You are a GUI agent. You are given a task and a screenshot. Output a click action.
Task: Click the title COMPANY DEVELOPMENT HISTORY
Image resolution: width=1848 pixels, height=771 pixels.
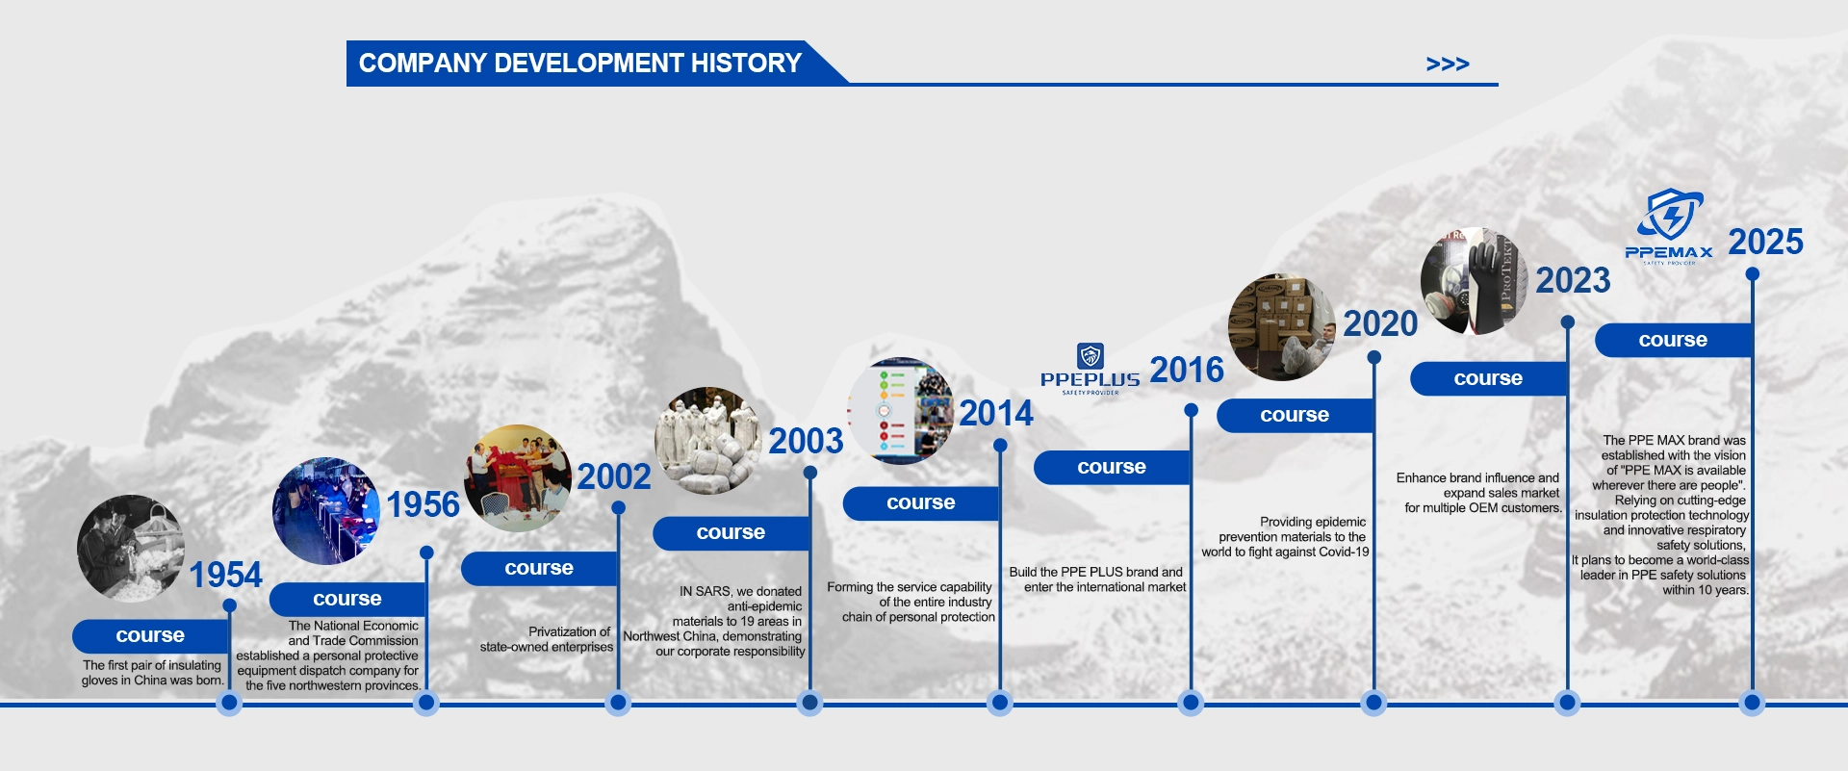(580, 64)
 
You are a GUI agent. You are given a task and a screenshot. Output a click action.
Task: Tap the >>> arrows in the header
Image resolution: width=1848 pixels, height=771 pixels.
(1448, 64)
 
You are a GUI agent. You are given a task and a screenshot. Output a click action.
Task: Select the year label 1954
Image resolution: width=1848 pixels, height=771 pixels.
(225, 575)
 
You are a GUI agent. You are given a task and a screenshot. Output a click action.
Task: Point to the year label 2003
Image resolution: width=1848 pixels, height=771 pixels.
(806, 441)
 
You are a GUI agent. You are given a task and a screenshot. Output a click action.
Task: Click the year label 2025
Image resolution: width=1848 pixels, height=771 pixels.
(1765, 242)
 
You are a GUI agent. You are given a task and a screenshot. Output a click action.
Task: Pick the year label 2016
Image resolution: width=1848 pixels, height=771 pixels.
(1187, 370)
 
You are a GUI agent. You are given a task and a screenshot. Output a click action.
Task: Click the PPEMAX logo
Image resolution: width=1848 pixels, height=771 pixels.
(1670, 226)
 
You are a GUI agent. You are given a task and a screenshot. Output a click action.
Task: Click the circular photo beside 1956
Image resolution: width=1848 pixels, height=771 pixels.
(326, 510)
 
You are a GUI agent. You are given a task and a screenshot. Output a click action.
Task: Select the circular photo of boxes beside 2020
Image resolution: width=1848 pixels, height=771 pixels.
(1282, 327)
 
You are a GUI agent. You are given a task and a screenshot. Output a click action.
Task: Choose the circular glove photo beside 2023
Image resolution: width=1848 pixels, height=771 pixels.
(1475, 281)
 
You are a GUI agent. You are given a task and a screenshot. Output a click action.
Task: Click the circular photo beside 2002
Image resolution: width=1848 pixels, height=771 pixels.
(518, 478)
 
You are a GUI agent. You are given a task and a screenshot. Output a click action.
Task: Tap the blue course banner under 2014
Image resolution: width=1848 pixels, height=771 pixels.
(921, 503)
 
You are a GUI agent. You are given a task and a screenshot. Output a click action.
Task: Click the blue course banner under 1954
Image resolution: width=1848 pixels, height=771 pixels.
(150, 636)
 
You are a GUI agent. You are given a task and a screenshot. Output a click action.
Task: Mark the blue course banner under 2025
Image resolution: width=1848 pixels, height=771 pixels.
(1673, 341)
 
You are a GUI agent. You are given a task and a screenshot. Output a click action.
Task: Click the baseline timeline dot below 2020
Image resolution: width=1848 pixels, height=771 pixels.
(1373, 703)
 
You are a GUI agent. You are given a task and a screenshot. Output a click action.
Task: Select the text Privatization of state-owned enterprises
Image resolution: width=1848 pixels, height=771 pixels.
(547, 639)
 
